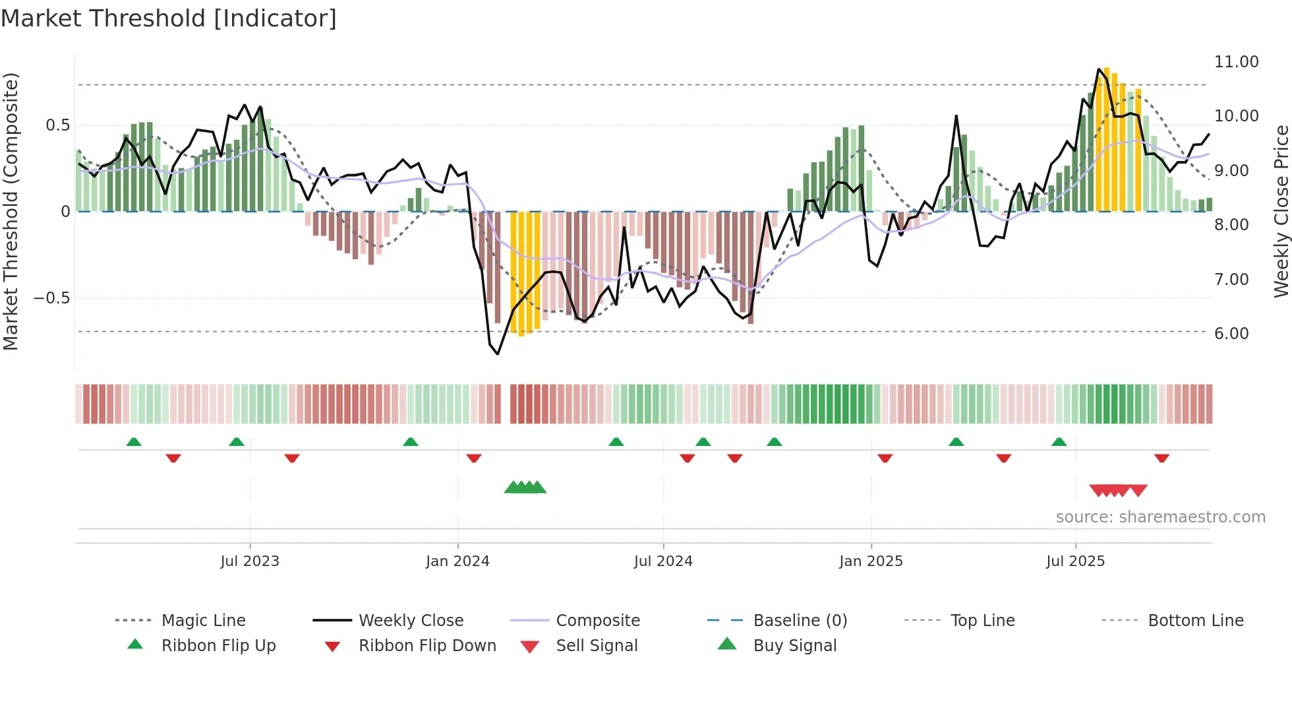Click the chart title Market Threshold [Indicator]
coord(169,18)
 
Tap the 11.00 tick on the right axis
coord(1236,62)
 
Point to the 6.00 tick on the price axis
coord(1231,334)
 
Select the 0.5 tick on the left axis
coord(57,125)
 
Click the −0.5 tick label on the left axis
coord(52,298)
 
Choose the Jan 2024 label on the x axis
coord(457,561)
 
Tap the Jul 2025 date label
coord(1075,561)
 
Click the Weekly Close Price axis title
coord(1281,211)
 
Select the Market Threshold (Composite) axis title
coord(11,211)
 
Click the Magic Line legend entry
coord(203,621)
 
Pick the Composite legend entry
coord(597,621)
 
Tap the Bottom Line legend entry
coord(1195,621)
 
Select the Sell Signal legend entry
coord(597,646)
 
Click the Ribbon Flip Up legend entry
coord(218,646)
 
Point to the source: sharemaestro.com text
coord(1160,517)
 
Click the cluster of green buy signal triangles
coord(525,488)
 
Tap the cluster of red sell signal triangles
coord(1118,490)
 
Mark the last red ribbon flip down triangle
coord(1161,458)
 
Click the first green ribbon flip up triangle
coord(134,442)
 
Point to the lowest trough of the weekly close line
coord(498,354)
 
